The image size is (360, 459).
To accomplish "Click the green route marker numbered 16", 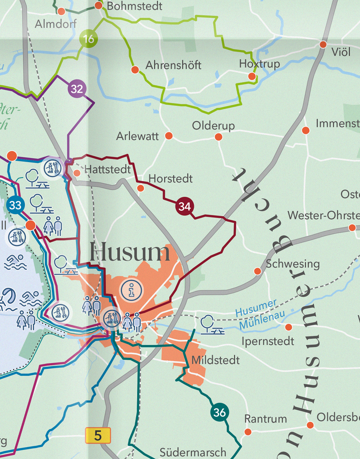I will (89, 39).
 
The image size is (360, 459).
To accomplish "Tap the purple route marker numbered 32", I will (77, 89).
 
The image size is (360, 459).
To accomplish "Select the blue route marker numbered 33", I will (15, 205).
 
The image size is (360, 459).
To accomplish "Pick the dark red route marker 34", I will (184, 206).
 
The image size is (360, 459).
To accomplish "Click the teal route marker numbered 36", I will (219, 412).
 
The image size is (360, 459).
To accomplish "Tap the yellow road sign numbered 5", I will (98, 436).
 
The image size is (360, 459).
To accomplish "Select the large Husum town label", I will (130, 252).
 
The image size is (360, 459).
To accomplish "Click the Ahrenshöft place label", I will (173, 65).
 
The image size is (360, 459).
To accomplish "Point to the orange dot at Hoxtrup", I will (252, 76).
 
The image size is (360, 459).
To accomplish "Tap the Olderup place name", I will (213, 126).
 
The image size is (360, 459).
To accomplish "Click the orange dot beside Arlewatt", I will (168, 136).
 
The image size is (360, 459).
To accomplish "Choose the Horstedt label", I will (171, 179).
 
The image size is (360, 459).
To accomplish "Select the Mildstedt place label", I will (215, 360).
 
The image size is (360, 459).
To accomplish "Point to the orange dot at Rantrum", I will (248, 432).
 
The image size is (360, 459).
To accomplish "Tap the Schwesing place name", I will (293, 264).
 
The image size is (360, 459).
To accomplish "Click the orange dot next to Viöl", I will (323, 45).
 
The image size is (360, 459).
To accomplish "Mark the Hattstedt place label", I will (107, 169).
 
